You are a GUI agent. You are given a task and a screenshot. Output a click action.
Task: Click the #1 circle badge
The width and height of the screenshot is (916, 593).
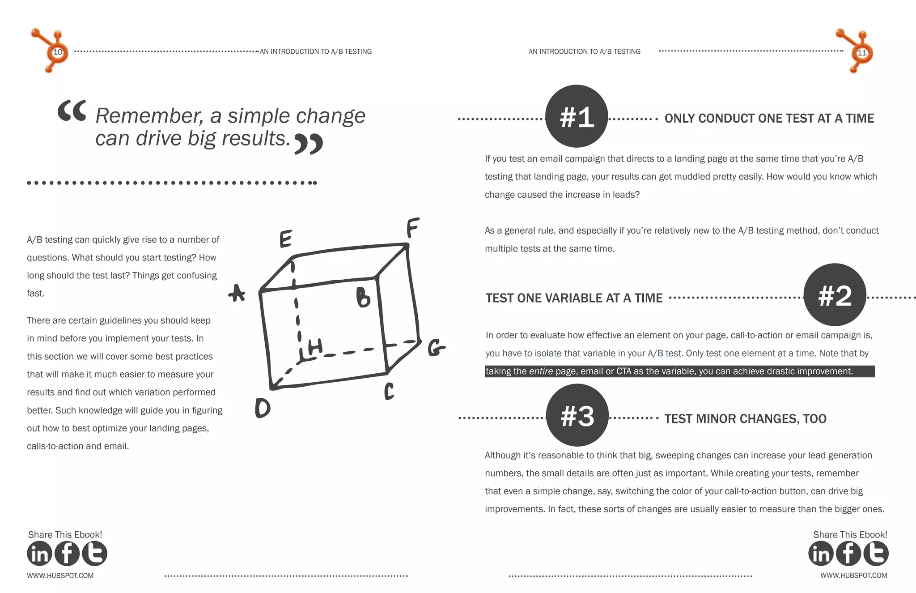576,116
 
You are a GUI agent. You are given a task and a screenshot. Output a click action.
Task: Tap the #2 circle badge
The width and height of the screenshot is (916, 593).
835,295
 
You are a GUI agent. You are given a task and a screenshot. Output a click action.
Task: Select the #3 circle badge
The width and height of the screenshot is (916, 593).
577,415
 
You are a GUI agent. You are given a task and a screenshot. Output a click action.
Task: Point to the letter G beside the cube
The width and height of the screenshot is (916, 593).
436,348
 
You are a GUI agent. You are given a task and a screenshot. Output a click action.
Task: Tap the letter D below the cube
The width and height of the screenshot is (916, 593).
263,408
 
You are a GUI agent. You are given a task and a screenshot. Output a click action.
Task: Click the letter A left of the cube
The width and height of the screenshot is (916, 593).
237,294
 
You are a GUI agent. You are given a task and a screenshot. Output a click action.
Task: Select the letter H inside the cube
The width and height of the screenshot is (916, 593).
314,347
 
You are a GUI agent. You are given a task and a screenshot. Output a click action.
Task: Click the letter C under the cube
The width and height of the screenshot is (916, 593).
389,391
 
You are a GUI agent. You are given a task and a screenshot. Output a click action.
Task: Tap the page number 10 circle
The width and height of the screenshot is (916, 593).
58,52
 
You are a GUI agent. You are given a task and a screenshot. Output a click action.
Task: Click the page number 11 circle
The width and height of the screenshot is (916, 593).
861,52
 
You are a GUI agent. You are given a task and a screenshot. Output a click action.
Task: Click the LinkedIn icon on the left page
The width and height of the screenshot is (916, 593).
39,554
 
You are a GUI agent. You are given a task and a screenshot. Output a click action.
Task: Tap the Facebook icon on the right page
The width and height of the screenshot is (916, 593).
848,554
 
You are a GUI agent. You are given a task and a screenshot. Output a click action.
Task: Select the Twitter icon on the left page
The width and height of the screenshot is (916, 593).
94,554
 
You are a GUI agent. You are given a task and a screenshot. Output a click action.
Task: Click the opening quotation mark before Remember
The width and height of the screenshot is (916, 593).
72,111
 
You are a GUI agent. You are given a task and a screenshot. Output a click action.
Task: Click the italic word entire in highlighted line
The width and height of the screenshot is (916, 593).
541,371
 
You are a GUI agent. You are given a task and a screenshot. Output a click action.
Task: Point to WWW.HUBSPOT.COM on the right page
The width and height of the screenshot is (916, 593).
853,576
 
